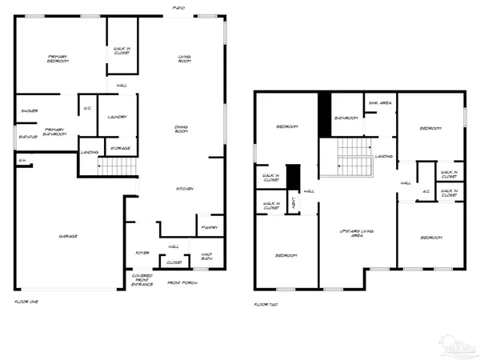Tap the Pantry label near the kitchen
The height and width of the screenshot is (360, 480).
210,228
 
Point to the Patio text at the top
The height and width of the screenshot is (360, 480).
179,8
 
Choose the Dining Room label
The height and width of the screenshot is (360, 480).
182,129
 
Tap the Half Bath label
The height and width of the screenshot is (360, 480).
206,258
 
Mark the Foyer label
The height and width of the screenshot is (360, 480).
142,252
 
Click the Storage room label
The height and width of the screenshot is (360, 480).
121,148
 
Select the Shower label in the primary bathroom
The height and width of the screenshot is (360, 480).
30,110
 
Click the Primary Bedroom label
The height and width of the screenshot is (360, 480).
57,58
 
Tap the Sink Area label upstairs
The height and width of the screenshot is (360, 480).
379,102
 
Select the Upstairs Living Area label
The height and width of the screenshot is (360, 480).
357,233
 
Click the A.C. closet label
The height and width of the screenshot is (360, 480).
427,191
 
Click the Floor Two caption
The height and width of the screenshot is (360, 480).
266,305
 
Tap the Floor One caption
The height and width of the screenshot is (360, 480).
26,302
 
